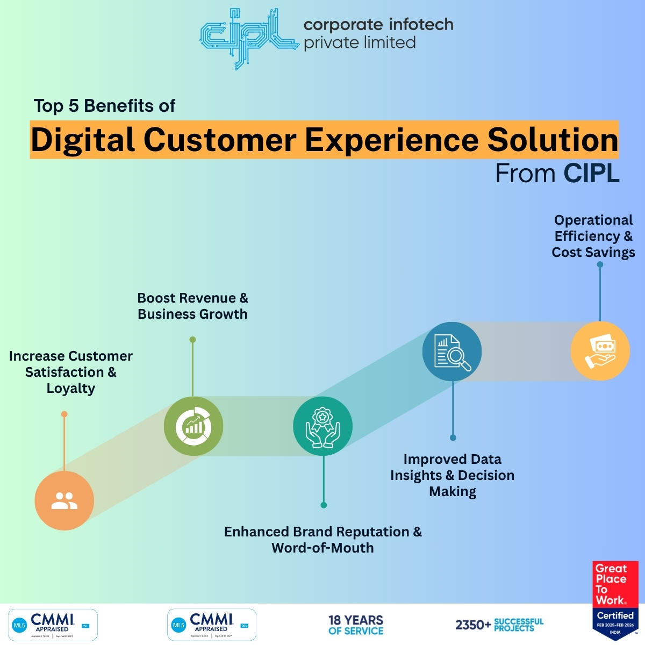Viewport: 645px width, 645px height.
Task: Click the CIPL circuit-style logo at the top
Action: pos(248,37)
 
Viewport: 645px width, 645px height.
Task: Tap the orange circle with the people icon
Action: pos(64,500)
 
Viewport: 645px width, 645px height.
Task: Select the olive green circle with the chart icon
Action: pos(193,426)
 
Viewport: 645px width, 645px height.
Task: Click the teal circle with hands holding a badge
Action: pos(322,426)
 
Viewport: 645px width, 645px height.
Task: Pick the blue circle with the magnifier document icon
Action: pos(452,352)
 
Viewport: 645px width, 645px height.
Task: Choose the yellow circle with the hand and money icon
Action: pos(600,351)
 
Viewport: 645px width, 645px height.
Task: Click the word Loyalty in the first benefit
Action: pos(71,389)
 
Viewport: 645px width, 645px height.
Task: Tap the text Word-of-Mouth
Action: pos(322,548)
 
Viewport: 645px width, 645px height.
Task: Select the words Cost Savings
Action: pos(593,253)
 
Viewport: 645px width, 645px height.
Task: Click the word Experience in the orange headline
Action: pos(391,140)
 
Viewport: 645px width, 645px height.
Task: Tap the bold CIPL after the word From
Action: pos(591,174)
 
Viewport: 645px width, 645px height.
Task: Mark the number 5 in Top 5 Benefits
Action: pos(74,106)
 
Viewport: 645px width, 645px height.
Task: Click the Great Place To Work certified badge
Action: pos(615,599)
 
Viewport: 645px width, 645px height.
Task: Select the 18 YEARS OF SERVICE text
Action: pos(356,625)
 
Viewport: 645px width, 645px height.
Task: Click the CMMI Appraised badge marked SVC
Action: pos(53,625)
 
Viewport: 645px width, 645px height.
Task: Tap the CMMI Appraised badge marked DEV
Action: pos(212,625)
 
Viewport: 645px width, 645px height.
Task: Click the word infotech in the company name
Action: pos(421,25)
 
